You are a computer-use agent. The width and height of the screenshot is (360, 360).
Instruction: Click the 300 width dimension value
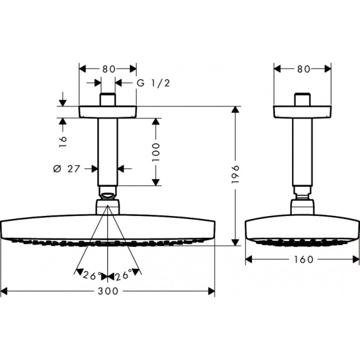[x=107, y=291]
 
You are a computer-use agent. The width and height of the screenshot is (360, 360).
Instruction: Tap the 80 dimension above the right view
[x=303, y=68]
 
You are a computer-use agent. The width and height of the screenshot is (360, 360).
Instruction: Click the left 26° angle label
[x=92, y=276]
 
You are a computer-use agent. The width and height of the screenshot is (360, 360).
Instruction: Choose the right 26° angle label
[x=124, y=276]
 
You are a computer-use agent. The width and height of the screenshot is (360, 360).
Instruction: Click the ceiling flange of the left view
[x=107, y=112]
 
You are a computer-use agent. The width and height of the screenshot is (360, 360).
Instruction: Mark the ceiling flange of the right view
[x=303, y=112]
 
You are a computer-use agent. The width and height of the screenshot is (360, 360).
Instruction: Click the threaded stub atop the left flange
[x=107, y=99]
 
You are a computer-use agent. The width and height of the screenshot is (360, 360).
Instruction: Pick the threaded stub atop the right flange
[x=303, y=99]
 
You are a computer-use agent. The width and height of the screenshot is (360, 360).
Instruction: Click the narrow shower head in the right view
[x=303, y=229]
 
